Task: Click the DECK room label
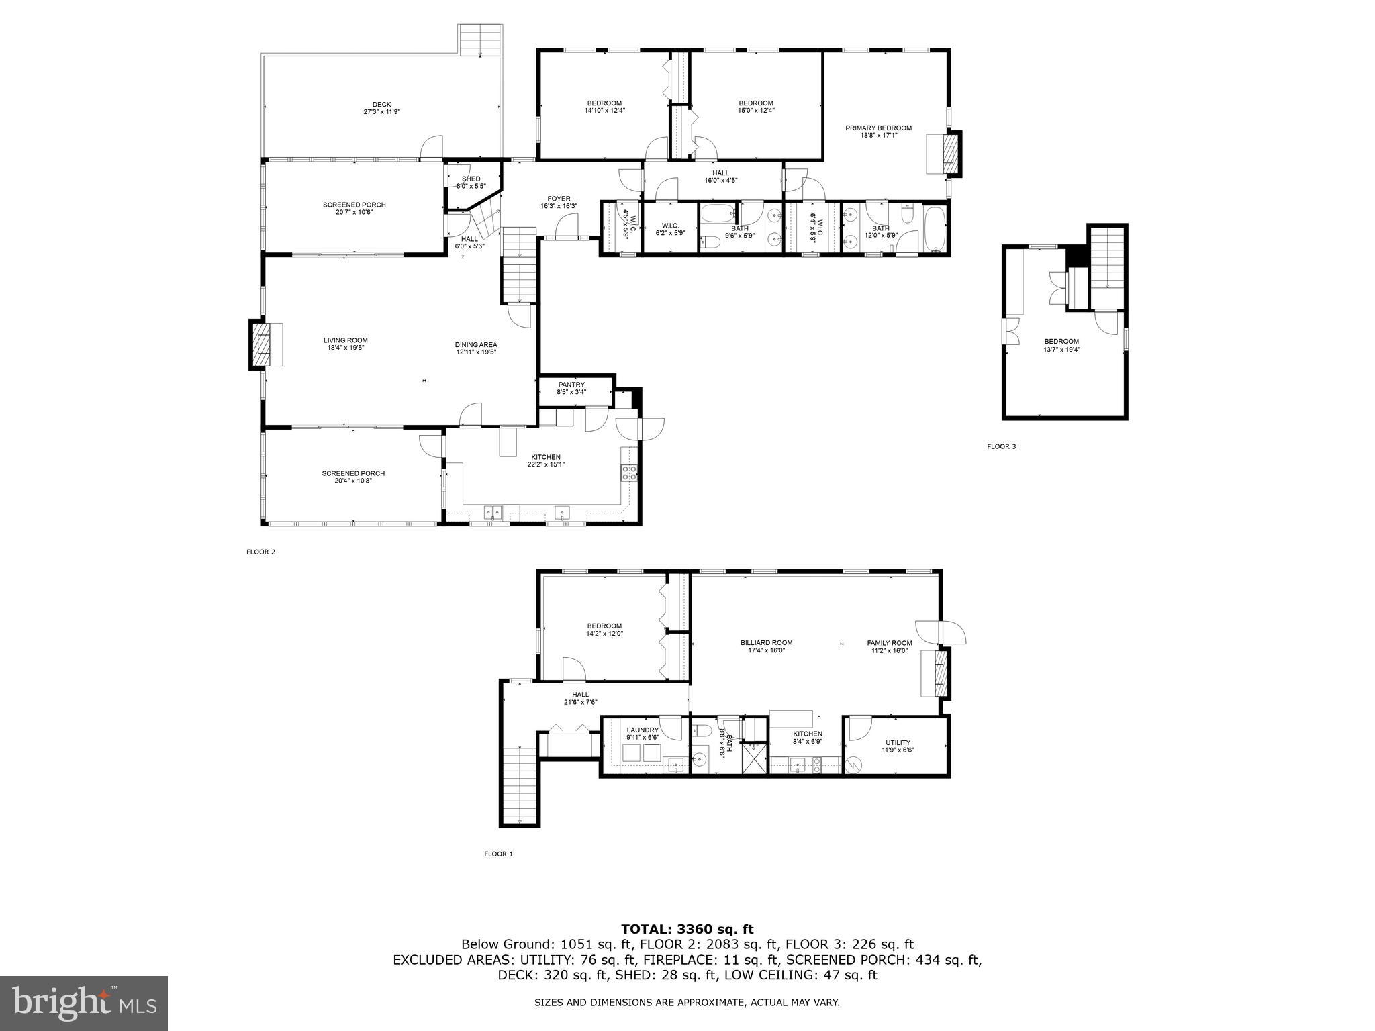pos(381,105)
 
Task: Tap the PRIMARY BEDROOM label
pos(878,128)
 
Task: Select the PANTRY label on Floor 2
pos(571,385)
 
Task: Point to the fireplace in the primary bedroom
pos(951,154)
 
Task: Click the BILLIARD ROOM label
pos(762,642)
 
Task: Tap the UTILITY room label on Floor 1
pos(898,742)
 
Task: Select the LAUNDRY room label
pos(643,730)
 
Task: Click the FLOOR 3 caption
pos(1001,446)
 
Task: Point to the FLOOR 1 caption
pos(498,854)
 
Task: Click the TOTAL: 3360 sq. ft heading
pos(687,929)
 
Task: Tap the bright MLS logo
pos(84,1003)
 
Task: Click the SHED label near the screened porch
pos(471,179)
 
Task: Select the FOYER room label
pos(559,199)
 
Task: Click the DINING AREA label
pos(476,345)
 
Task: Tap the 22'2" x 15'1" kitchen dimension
pos(545,464)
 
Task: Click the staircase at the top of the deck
pos(480,40)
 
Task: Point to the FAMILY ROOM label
pos(889,642)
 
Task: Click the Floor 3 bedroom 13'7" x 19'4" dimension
pos(1061,349)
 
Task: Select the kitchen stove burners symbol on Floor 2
pos(629,473)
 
